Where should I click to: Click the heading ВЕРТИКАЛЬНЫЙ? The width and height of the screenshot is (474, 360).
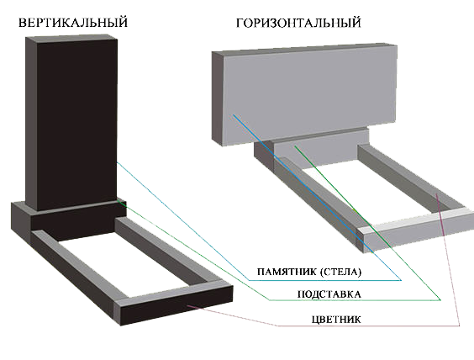(x=73, y=23)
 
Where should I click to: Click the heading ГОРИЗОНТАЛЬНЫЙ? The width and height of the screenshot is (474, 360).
(x=298, y=23)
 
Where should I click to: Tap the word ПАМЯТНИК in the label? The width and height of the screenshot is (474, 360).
(x=287, y=272)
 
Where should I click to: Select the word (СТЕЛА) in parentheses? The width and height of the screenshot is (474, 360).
(x=340, y=272)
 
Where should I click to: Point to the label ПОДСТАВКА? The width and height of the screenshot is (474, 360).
(x=329, y=294)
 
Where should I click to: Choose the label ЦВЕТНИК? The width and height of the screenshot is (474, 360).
(x=336, y=320)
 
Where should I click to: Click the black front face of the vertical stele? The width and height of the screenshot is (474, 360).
(x=76, y=124)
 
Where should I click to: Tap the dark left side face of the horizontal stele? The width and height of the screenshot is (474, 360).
(x=217, y=98)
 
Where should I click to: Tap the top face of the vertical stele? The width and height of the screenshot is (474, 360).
(x=71, y=39)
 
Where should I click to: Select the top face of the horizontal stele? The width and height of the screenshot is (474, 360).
(x=304, y=50)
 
